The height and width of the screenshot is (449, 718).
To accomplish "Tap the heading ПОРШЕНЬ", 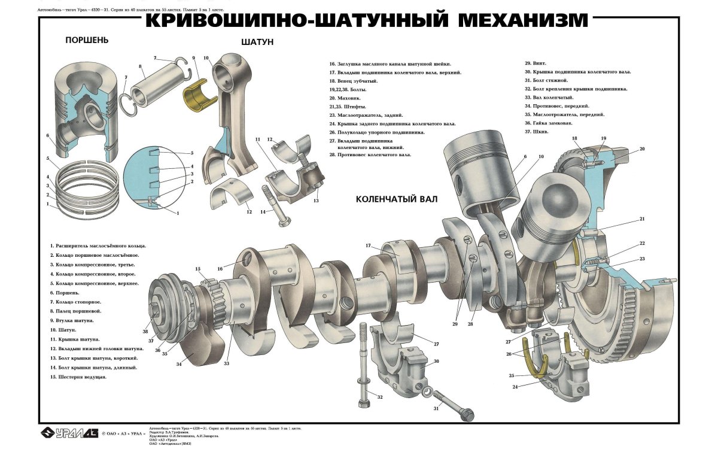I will click(87, 41).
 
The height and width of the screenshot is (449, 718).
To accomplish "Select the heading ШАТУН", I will click(257, 43).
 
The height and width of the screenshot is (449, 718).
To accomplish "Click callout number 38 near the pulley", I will click(145, 332).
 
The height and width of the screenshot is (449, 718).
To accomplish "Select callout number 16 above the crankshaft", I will click(220, 269).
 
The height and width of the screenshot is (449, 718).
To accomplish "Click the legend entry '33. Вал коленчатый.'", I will click(549, 97).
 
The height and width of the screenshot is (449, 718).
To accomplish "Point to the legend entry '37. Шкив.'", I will click(537, 131).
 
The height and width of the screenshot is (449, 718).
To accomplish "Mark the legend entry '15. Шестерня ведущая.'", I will click(78, 377).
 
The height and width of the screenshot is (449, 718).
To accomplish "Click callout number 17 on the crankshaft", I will click(369, 246).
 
